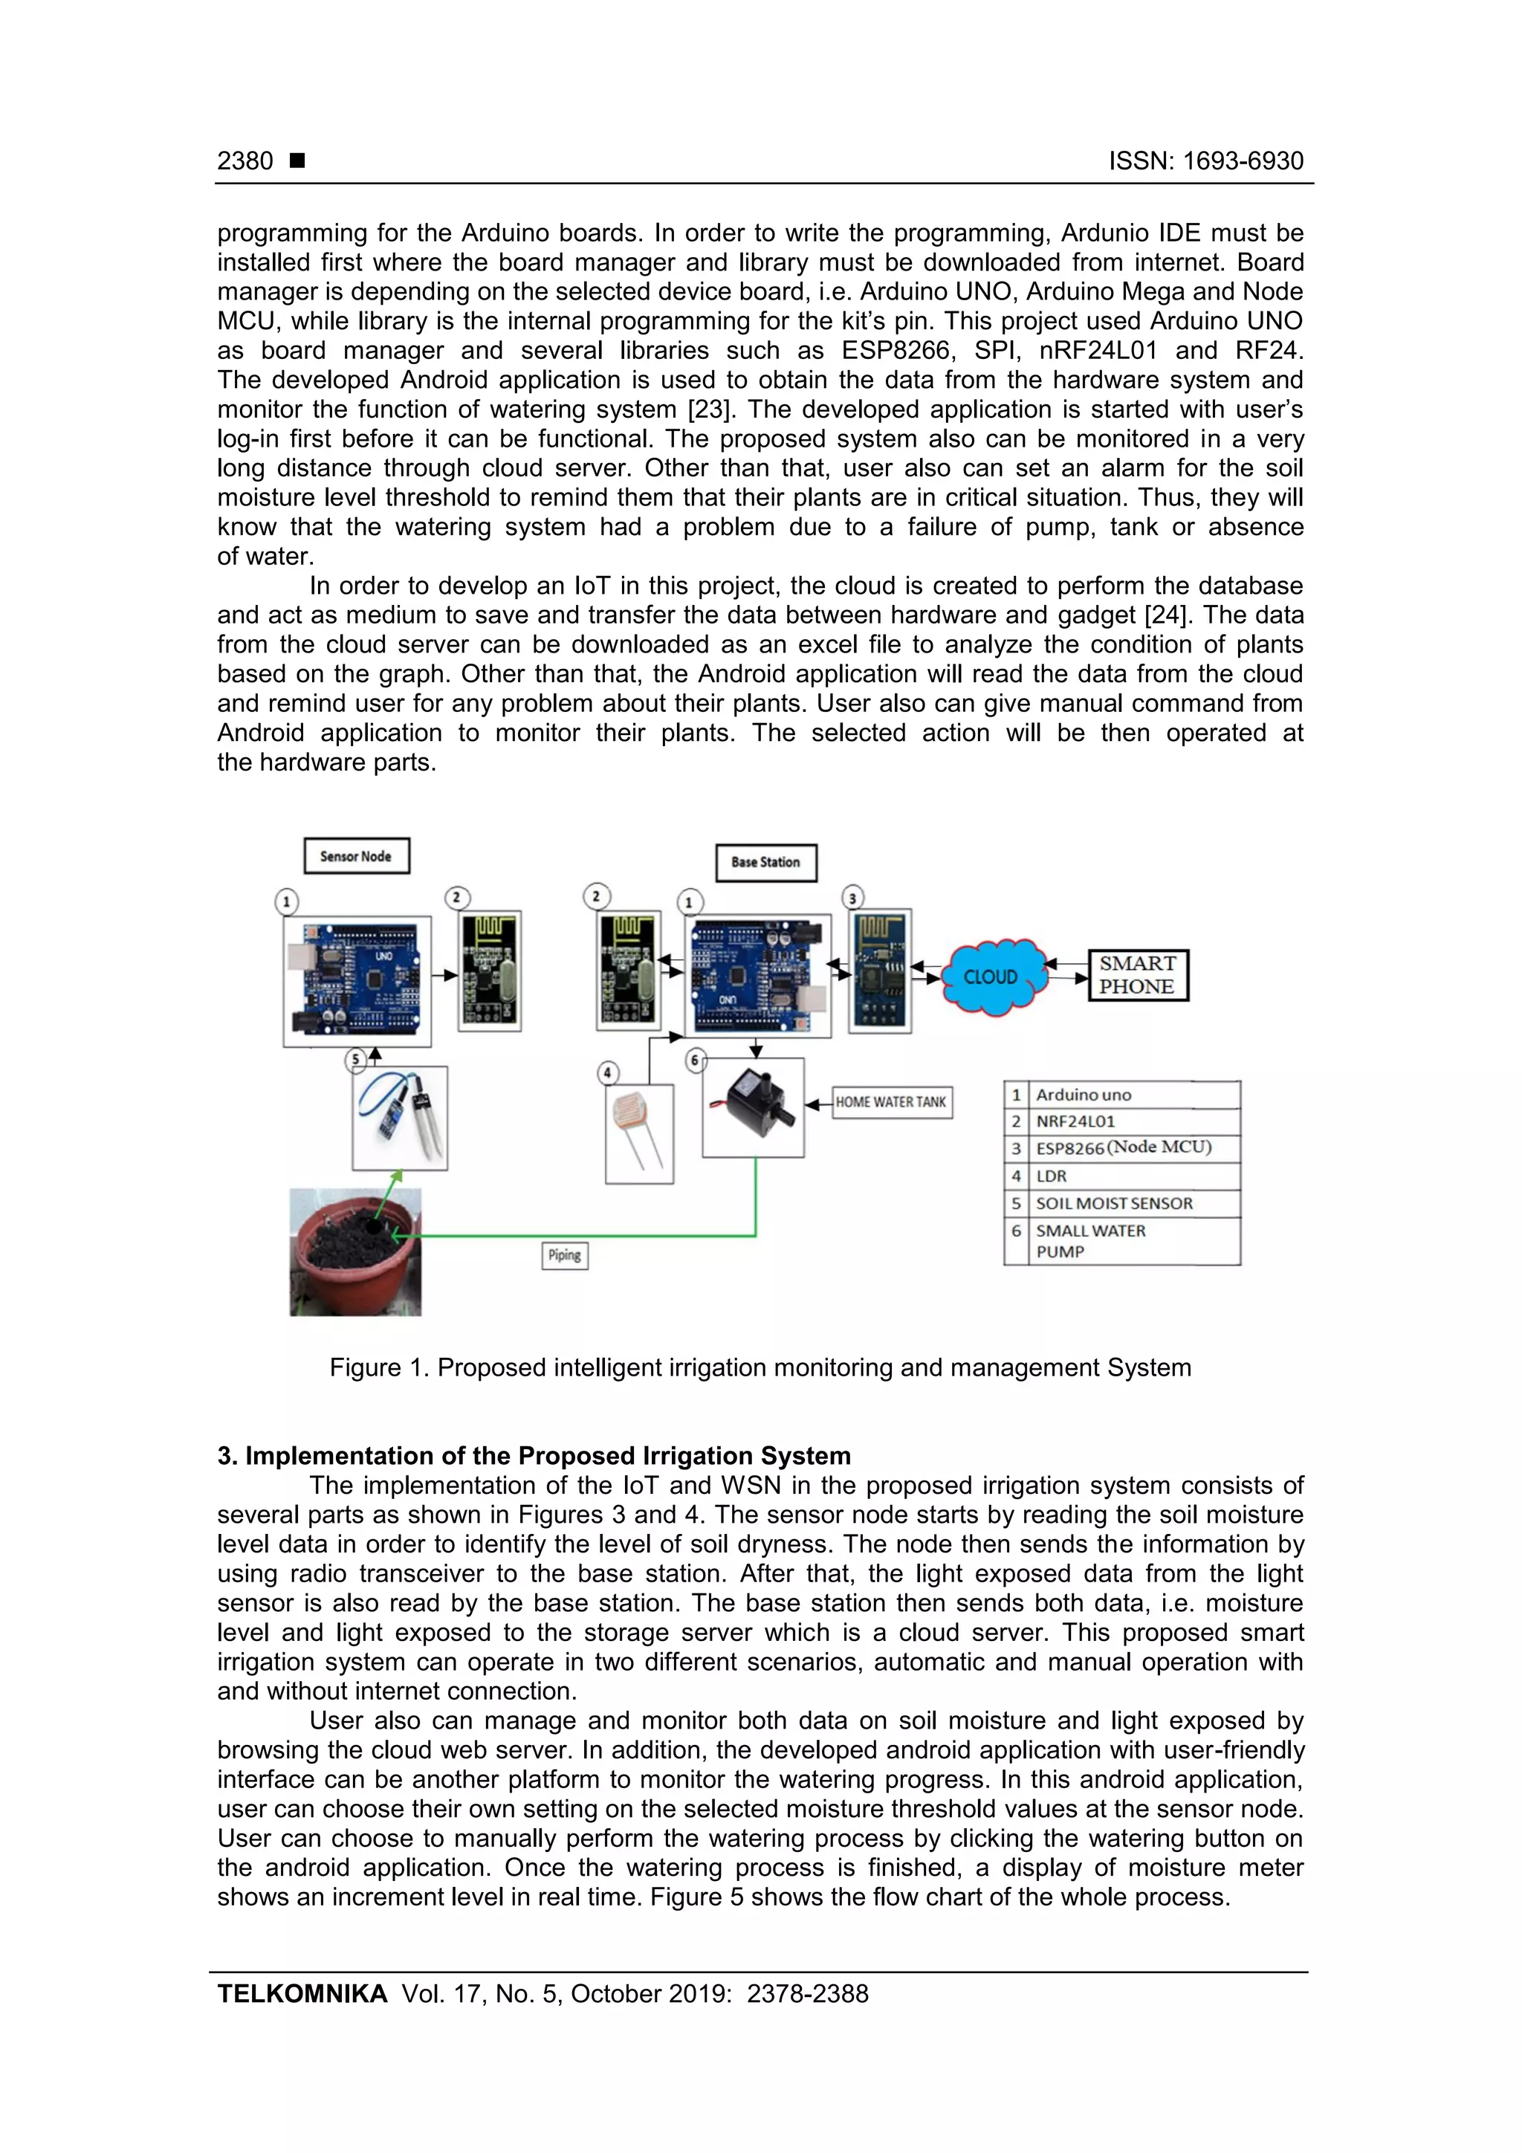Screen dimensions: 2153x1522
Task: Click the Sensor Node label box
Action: coord(357,856)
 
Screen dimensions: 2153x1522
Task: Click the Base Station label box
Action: coord(766,862)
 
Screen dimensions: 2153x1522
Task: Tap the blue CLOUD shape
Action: coord(992,976)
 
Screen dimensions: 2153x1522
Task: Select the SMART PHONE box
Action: coord(1138,975)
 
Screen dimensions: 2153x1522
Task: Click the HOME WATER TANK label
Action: coord(891,1102)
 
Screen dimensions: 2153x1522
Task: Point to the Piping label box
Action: coord(565,1254)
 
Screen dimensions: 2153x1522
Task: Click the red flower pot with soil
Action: coord(355,1252)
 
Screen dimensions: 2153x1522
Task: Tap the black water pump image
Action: coord(753,1107)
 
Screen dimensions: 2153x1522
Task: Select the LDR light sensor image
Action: coord(640,1133)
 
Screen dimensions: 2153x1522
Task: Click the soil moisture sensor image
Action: coord(400,1117)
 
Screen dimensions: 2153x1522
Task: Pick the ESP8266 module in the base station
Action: coord(880,971)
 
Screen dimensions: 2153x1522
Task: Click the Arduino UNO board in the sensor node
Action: coord(357,981)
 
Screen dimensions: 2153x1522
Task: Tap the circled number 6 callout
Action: coord(695,1061)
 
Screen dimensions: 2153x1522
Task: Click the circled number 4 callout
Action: coord(608,1072)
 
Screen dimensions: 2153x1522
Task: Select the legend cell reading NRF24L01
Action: coord(1135,1121)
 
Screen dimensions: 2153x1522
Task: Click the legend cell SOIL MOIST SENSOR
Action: coord(1135,1203)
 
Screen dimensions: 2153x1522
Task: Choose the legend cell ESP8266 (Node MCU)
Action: coord(1135,1147)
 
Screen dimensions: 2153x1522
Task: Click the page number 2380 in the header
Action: coord(245,161)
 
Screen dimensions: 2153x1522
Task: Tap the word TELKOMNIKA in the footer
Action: coord(302,1994)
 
